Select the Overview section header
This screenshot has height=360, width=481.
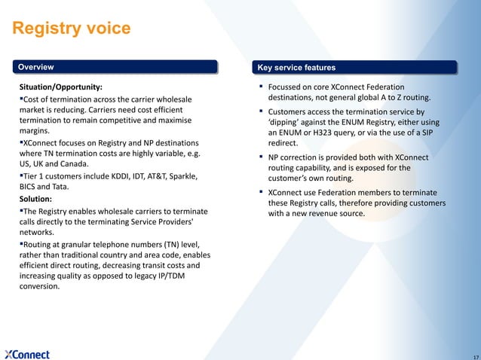(35, 66)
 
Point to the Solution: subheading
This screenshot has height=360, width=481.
(35, 198)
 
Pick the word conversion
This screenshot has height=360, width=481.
(39, 287)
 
